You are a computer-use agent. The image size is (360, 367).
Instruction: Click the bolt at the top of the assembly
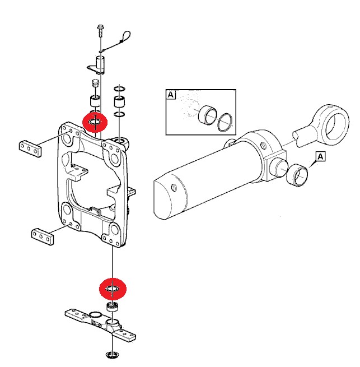[100, 30]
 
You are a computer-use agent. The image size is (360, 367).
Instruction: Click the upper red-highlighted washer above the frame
[95, 122]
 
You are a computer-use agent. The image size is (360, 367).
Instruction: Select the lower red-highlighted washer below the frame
[113, 289]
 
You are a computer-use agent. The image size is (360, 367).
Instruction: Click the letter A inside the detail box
[171, 95]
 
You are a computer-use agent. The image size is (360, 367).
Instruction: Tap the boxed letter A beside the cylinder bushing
[321, 156]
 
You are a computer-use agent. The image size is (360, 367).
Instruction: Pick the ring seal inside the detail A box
[225, 122]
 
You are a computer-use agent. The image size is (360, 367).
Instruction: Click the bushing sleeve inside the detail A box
[207, 115]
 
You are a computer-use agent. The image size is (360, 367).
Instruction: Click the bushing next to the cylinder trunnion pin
[297, 175]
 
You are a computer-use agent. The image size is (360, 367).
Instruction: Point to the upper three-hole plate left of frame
[30, 148]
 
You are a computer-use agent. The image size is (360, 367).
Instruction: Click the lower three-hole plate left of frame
[43, 236]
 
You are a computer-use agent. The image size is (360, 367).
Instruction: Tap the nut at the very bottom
[113, 355]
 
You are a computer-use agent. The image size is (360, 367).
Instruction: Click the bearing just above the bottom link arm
[113, 306]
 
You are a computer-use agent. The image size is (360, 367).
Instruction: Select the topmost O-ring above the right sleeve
[119, 89]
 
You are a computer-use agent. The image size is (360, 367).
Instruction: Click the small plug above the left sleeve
[95, 83]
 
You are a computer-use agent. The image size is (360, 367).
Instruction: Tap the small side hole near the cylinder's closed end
[174, 188]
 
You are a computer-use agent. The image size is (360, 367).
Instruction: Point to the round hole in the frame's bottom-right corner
[114, 230]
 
